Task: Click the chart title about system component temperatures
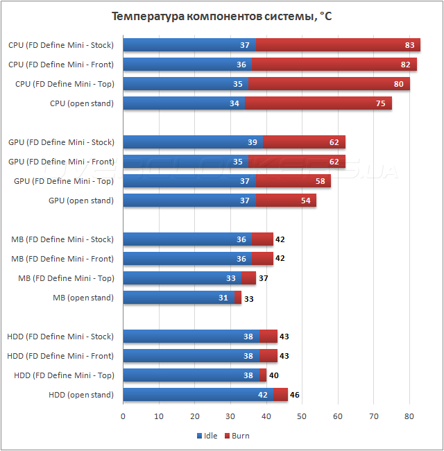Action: pyautogui.click(x=221, y=16)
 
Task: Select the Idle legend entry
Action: pyautogui.click(x=207, y=436)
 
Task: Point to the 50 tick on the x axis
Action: pyautogui.click(x=302, y=416)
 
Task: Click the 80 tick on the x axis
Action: pyautogui.click(x=409, y=416)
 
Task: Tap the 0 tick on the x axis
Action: pyautogui.click(x=123, y=416)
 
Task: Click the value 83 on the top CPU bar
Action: pyautogui.click(x=410, y=45)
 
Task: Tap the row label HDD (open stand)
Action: pyautogui.click(x=80, y=395)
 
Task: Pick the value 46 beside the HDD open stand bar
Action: pyautogui.click(x=296, y=395)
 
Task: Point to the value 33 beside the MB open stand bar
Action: pyautogui.click(x=249, y=298)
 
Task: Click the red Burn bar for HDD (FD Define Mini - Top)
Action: pyautogui.click(x=263, y=375)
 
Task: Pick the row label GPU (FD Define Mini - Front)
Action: pyautogui.click(x=61, y=162)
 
